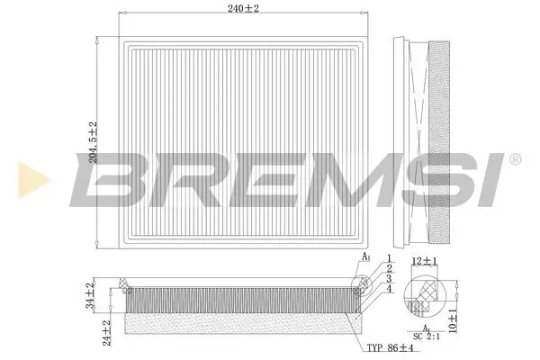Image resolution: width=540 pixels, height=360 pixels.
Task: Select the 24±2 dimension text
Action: (107, 330)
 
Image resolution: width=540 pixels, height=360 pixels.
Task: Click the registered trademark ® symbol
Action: (514, 158)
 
